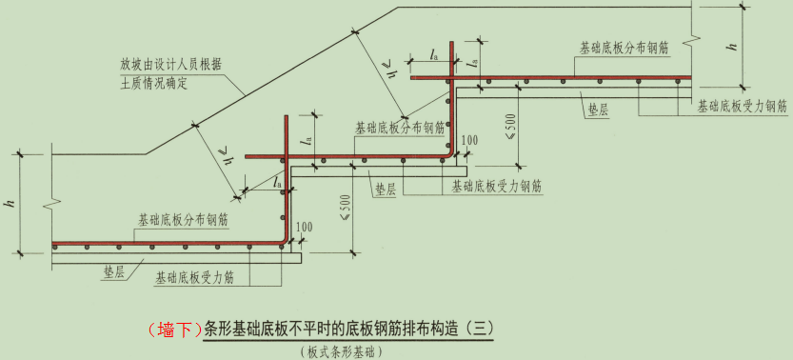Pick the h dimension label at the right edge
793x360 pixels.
pos(735,44)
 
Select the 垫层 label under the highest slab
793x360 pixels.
pos(596,109)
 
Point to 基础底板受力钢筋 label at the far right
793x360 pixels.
pos(741,106)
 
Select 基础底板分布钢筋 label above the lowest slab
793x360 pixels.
pos(183,219)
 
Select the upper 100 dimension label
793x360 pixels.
pos(467,141)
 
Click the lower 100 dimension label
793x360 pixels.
pos(304,226)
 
